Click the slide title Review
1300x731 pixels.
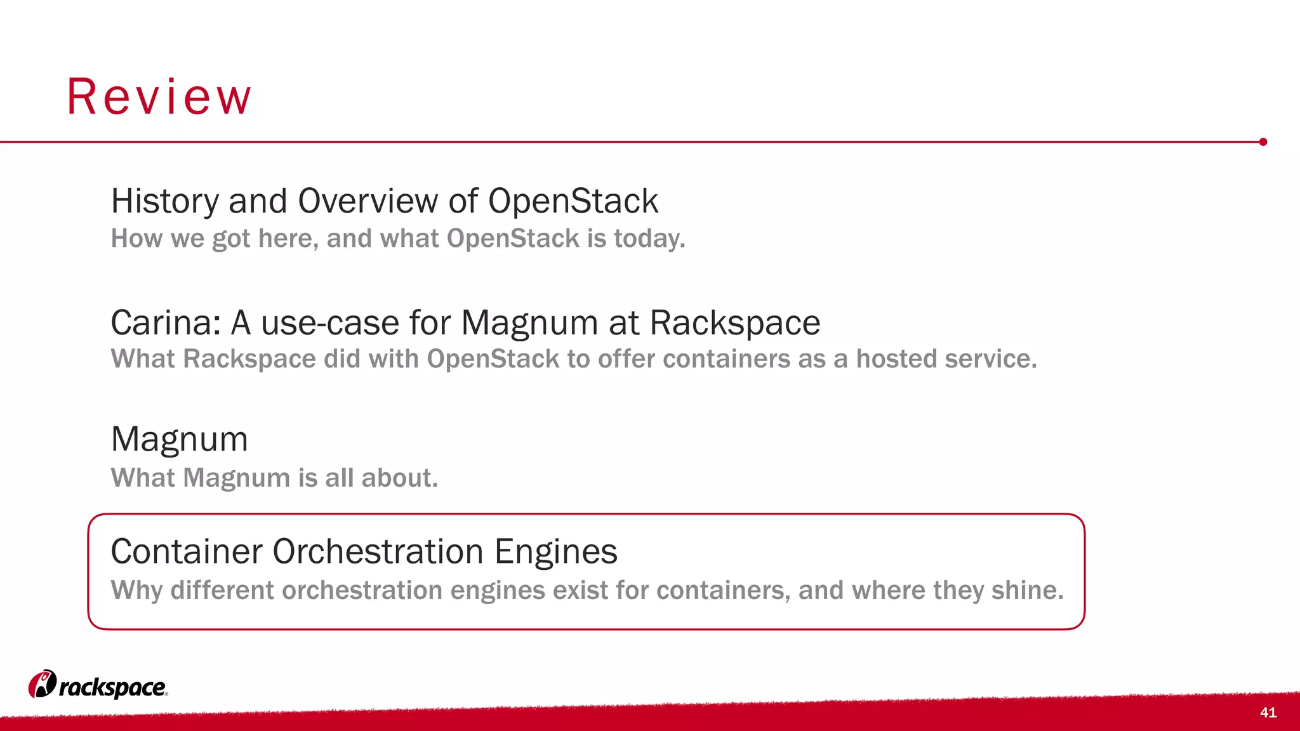pyautogui.click(x=159, y=97)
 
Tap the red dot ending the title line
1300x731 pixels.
pyautogui.click(x=1263, y=142)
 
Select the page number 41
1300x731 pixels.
pyautogui.click(x=1268, y=713)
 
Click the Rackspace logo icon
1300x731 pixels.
pyautogui.click(x=42, y=684)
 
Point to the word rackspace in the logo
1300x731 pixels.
pyautogui.click(x=112, y=688)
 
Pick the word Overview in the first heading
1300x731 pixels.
pyautogui.click(x=368, y=201)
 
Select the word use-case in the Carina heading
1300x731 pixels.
pyautogui.click(x=331, y=322)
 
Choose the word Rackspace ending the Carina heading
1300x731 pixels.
pyautogui.click(x=734, y=322)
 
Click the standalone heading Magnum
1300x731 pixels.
pyautogui.click(x=179, y=439)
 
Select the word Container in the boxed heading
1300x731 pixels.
pyautogui.click(x=186, y=551)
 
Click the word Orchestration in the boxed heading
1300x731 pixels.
pyautogui.click(x=378, y=551)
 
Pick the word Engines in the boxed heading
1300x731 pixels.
pyautogui.click(x=555, y=552)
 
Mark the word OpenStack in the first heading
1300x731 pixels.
pyautogui.click(x=573, y=201)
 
